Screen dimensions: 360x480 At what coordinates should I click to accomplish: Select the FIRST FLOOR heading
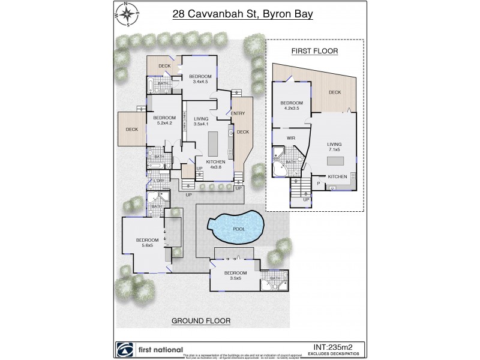(315, 51)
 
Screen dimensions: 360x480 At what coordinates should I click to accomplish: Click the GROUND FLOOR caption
(202, 320)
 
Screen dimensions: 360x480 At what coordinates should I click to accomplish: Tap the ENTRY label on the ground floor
(238, 113)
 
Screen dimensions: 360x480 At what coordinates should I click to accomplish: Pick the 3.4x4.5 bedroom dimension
(199, 82)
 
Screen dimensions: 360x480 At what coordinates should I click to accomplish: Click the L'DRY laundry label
(159, 181)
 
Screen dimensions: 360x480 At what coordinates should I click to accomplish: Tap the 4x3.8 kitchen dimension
(215, 168)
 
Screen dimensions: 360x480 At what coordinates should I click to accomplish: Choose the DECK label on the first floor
(335, 92)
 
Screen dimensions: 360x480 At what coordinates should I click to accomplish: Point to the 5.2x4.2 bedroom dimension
(164, 124)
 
